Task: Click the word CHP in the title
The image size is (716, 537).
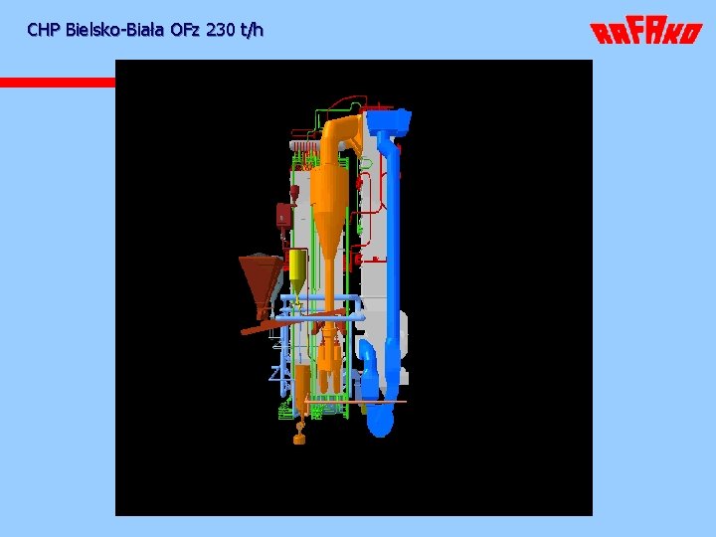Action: [x=44, y=30]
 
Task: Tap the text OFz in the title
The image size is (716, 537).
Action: [x=185, y=30]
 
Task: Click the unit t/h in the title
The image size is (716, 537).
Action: [x=252, y=30]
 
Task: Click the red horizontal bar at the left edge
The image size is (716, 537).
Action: [x=58, y=83]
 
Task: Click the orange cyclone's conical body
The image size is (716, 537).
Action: [x=328, y=215]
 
